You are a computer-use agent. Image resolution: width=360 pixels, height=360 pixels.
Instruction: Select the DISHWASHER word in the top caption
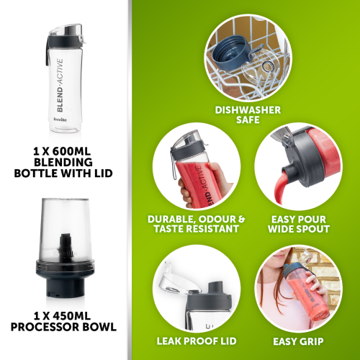(x=248, y=110)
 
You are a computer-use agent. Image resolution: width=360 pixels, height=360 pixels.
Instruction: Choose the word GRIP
(x=311, y=341)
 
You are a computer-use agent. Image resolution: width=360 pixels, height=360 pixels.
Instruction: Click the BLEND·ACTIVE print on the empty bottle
(x=60, y=85)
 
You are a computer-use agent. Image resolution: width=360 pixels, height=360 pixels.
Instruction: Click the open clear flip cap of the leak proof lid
(x=174, y=279)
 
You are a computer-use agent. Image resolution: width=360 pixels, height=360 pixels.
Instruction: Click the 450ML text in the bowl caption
(x=71, y=316)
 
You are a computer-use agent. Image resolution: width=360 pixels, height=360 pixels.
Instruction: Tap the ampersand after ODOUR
(x=240, y=219)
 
